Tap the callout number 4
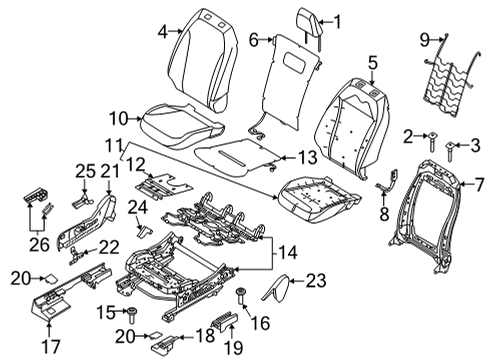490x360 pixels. (163, 32)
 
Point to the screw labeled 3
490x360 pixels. (451, 150)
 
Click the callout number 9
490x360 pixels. (425, 41)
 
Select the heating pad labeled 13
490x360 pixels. (240, 156)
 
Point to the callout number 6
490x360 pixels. (254, 40)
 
